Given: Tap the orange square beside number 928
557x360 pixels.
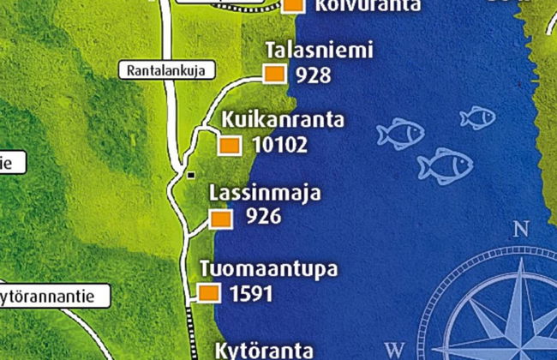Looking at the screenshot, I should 274,75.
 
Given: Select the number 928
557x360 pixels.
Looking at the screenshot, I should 313,75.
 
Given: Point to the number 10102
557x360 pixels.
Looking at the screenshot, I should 280,145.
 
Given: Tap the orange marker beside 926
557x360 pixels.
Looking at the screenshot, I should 221,219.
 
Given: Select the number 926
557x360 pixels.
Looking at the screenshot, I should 263,218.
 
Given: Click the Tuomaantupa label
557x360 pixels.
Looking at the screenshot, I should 267,269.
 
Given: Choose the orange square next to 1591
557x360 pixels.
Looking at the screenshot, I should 210,294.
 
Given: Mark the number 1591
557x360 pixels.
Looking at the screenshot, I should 251,294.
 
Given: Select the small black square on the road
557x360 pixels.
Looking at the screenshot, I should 190,175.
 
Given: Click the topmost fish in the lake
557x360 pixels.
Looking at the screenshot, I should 476,117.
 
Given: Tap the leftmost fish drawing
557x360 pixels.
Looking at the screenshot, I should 400,133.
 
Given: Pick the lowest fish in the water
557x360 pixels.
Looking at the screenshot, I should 445,165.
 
